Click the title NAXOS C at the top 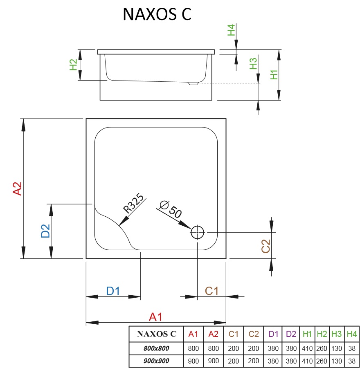coord(157,14)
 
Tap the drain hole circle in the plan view coord(197,232)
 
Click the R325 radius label coord(134,204)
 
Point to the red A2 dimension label coord(17,188)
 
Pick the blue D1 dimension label coord(112,291)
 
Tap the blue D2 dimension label coord(45,231)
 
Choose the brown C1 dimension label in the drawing coord(211,291)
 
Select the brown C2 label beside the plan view coord(266,245)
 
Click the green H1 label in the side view coord(274,74)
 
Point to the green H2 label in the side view coord(73,65)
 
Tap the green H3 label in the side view coord(253,63)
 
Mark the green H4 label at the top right coord(232,30)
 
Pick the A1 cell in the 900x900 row coord(193,361)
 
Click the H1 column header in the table coord(307,334)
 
